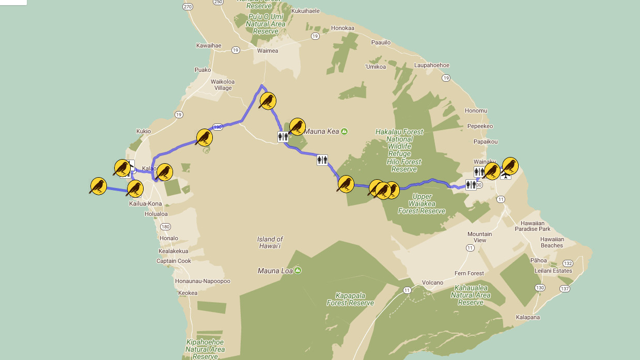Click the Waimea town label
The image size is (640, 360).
(268, 51)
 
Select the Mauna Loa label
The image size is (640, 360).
(275, 271)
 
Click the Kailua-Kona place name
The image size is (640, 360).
(145, 204)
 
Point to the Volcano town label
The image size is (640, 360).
(432, 283)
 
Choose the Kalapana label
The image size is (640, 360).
(527, 317)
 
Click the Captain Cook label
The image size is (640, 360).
(174, 261)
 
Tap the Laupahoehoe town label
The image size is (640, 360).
(432, 65)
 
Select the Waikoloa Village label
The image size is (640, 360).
(223, 85)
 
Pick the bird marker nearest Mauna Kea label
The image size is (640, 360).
(297, 126)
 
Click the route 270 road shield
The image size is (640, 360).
(188, 6)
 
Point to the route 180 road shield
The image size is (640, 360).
(165, 226)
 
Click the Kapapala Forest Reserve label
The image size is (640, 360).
(350, 300)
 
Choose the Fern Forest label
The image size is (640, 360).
(469, 273)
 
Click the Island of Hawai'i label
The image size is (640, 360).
(270, 242)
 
